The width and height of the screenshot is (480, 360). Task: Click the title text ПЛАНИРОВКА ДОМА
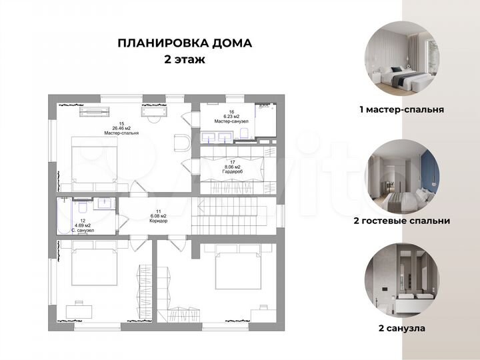(x=185, y=43)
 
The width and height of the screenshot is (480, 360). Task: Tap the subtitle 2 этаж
(x=185, y=59)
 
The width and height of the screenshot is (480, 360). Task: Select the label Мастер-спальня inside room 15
(x=121, y=133)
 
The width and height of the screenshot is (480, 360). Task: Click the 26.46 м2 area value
(x=121, y=128)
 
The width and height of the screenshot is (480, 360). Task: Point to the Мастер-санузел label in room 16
(x=231, y=121)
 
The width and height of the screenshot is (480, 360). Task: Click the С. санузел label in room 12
(x=83, y=231)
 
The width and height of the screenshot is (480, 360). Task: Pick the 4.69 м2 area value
(x=83, y=225)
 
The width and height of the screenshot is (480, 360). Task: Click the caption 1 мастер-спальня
(x=401, y=109)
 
